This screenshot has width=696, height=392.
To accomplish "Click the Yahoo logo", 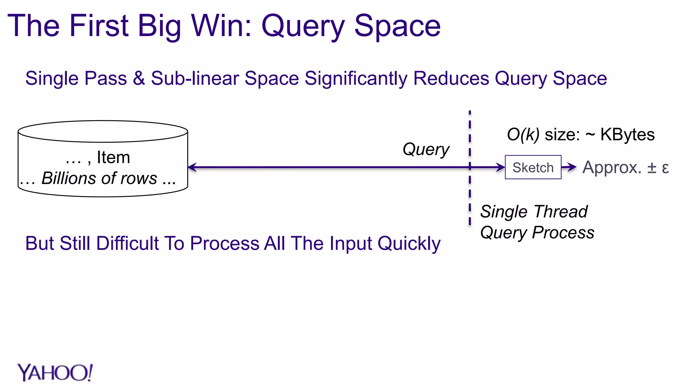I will coord(55,373).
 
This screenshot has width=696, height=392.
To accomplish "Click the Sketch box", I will coord(533,167).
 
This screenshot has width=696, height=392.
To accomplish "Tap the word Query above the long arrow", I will coord(426,149).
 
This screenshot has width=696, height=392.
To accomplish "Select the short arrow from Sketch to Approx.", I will coord(569,167).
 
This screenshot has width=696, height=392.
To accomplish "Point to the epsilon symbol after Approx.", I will coord(665,168).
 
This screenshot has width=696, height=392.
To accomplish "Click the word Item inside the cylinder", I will coord(113,157).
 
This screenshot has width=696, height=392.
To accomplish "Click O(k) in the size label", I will coord(523,134).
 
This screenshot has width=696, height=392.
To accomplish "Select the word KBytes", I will coord(627,134).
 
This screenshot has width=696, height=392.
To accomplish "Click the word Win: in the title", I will coord(222,26).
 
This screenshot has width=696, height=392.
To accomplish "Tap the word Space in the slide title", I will coord(397,26).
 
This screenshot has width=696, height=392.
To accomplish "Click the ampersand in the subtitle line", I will coord(139,78).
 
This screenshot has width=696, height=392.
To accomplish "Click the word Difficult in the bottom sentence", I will coord(127,243).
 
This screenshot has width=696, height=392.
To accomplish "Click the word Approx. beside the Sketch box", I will coord(612,167).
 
